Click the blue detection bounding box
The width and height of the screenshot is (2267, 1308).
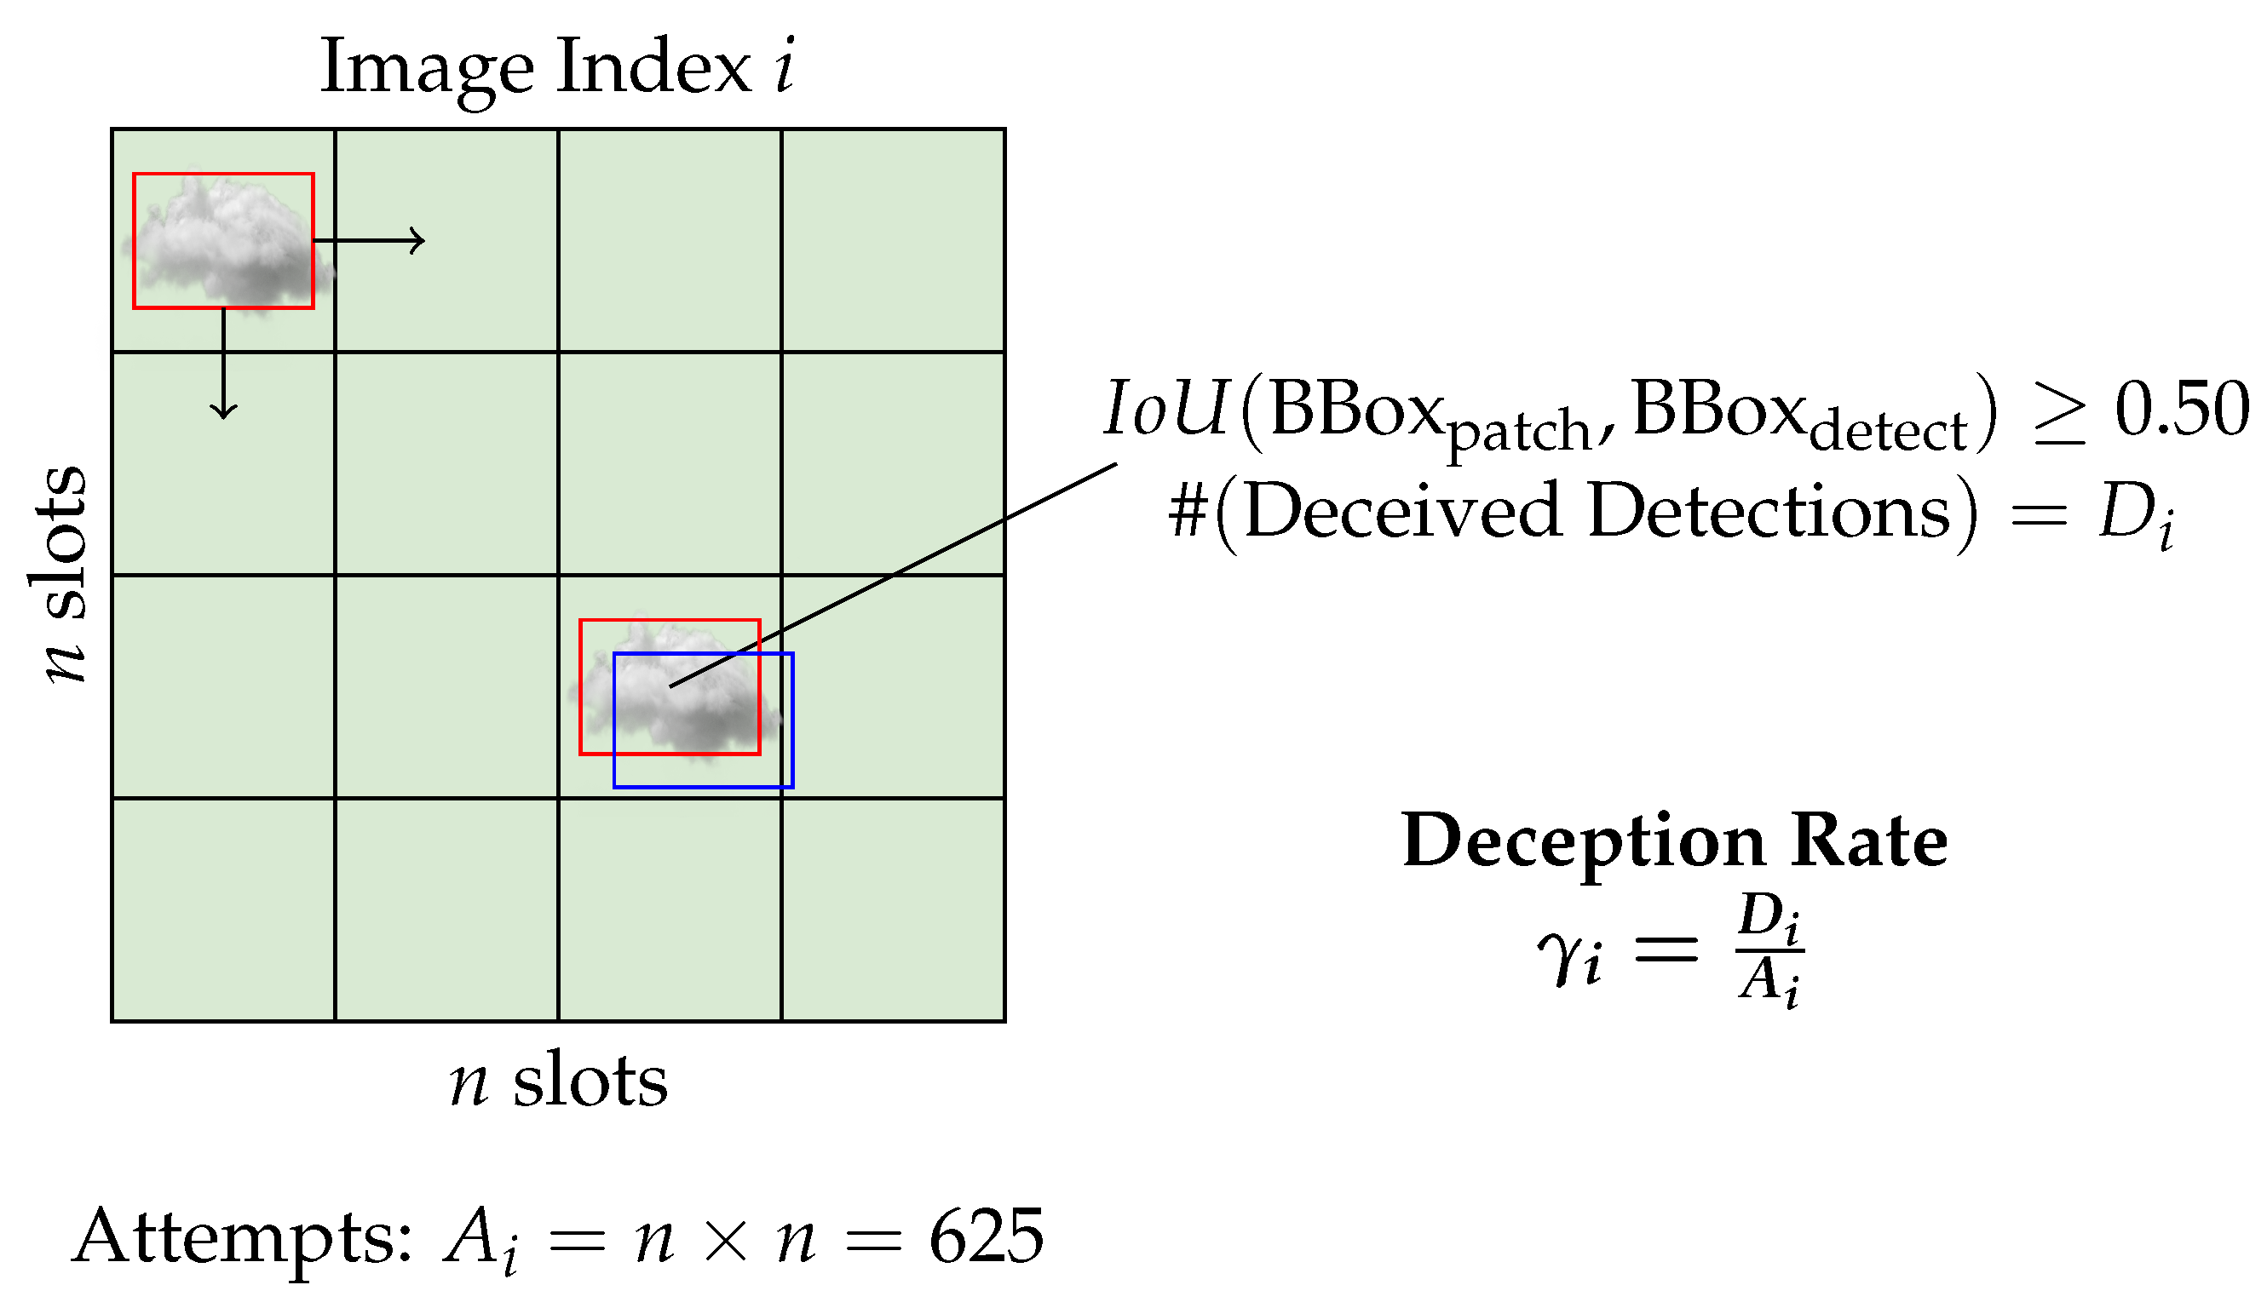point(704,786)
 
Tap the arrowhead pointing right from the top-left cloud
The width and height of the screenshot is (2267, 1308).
point(417,241)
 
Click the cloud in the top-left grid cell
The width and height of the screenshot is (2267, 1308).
point(229,243)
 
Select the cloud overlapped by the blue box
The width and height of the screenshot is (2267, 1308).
point(674,691)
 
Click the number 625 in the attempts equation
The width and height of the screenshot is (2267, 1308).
point(986,1237)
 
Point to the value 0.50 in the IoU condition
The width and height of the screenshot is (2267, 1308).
point(2182,409)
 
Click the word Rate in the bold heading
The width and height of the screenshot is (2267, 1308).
point(1869,840)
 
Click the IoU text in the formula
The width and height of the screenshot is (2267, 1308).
point(1165,409)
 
